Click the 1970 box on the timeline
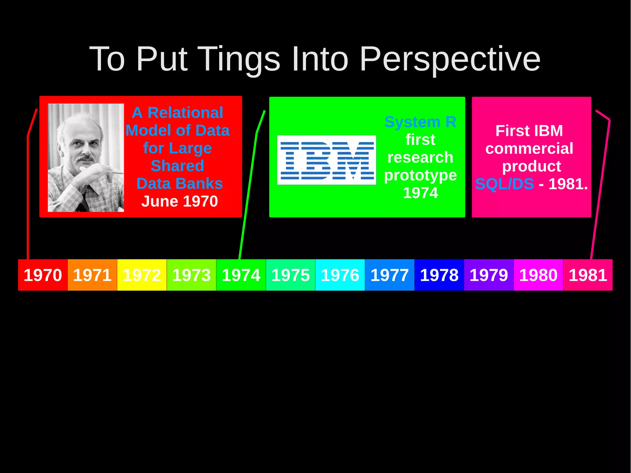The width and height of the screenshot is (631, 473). (x=43, y=275)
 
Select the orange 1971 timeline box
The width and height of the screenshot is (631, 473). (x=92, y=275)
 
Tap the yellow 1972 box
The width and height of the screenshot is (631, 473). (x=142, y=275)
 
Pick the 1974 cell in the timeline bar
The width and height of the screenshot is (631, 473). (x=241, y=275)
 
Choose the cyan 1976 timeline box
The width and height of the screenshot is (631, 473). (x=340, y=275)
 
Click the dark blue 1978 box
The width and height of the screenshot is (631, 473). (x=439, y=275)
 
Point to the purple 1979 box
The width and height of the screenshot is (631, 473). (x=489, y=275)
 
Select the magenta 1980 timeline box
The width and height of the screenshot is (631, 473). (x=538, y=275)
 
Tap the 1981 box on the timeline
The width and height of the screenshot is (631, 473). (x=588, y=275)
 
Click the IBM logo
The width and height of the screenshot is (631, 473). (x=327, y=160)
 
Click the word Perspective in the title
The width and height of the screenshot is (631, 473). (x=450, y=59)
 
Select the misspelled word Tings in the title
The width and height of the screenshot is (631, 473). (x=240, y=59)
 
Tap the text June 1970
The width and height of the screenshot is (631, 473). (x=180, y=201)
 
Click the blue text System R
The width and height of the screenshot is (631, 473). (x=420, y=122)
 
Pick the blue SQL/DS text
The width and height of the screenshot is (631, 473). (x=504, y=184)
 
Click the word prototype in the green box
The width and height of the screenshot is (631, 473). (x=420, y=175)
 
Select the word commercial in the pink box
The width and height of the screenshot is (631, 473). (x=529, y=149)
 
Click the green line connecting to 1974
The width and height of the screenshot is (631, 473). (x=248, y=194)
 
